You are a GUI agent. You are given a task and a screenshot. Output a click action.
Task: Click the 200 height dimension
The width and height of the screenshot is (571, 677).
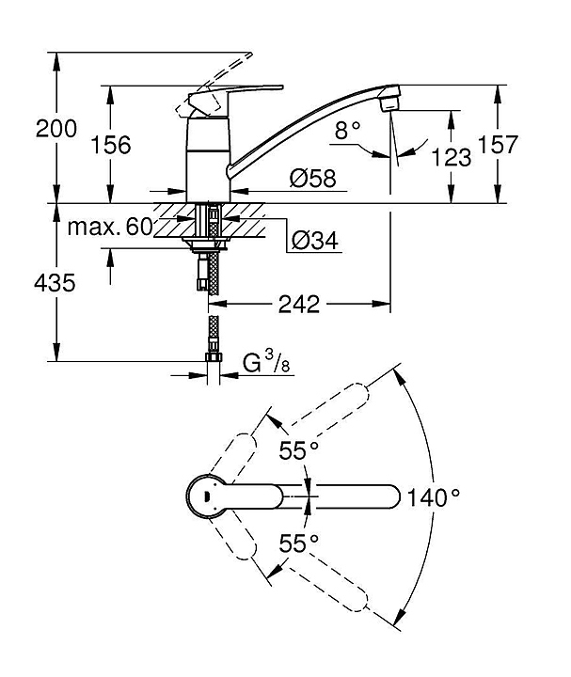point(56,129)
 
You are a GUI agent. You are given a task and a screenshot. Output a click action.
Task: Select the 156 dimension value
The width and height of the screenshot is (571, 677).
point(111,145)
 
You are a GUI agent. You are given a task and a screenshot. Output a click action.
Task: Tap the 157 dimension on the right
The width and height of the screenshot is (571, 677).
point(498,144)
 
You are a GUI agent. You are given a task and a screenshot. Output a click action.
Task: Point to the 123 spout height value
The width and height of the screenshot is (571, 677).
point(452,157)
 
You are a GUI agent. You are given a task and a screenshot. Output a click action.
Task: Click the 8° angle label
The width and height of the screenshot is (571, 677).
point(347,130)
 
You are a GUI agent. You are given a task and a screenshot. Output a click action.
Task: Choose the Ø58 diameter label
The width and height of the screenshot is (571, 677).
point(312,178)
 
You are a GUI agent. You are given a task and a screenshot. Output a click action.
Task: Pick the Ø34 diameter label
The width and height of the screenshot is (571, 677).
point(314,240)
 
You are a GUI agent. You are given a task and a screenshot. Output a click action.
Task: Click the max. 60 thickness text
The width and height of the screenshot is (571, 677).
point(110,227)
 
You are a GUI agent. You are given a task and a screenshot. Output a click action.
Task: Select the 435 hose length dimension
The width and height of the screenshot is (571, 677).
point(55,283)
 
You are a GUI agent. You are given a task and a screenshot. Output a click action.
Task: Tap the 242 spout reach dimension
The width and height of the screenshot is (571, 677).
point(299,305)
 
